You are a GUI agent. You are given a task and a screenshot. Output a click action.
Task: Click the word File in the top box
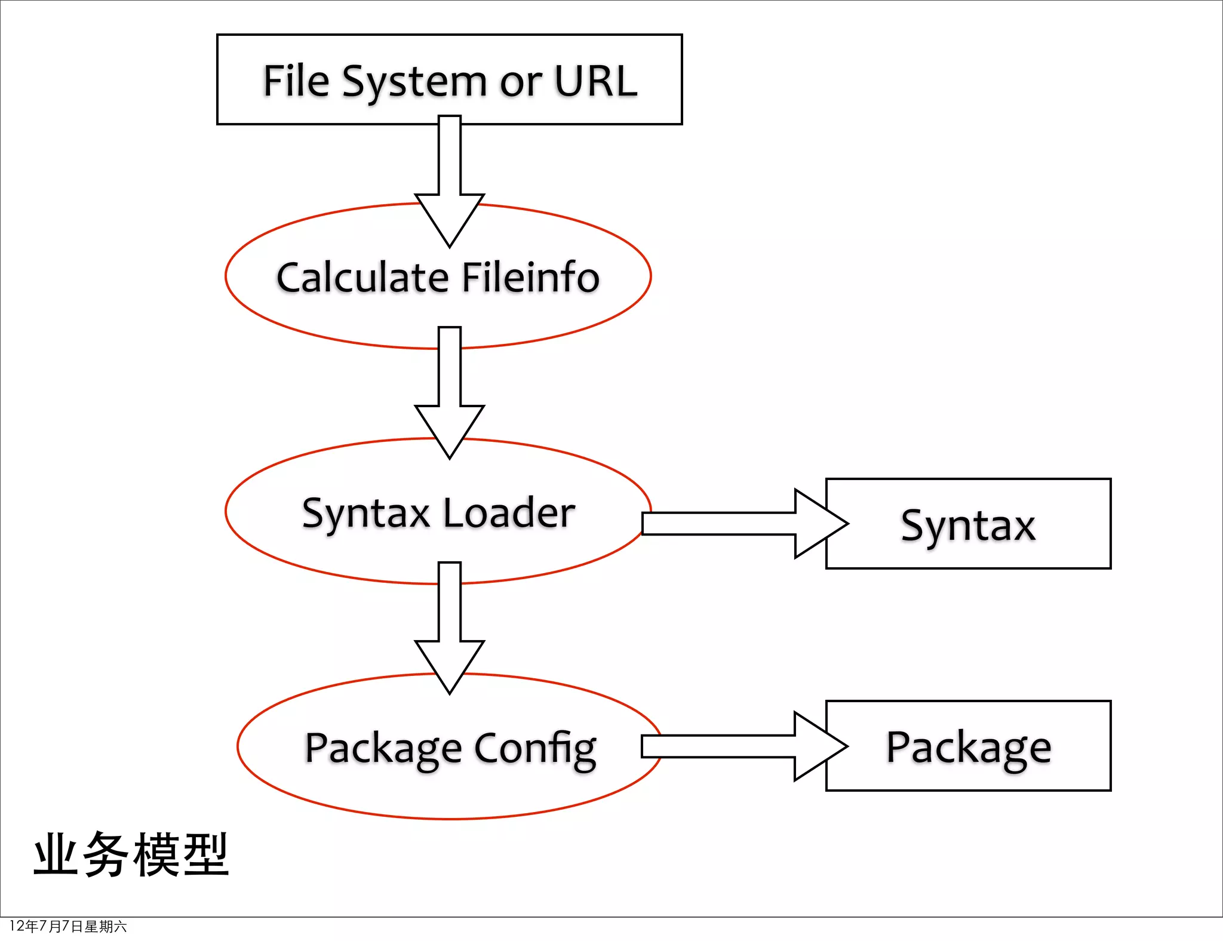(x=296, y=81)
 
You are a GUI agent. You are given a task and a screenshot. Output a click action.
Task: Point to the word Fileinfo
(x=530, y=278)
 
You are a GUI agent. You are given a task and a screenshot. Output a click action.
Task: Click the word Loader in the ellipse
(x=509, y=513)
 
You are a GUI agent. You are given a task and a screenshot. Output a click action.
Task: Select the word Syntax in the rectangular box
(x=968, y=526)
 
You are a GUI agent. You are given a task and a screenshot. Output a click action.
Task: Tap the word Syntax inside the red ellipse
(x=365, y=514)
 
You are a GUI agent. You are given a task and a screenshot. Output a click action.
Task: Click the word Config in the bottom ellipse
(x=535, y=748)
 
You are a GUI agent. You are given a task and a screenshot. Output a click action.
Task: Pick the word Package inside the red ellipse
(x=383, y=748)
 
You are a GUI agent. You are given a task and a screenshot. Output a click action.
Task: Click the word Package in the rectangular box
(x=968, y=748)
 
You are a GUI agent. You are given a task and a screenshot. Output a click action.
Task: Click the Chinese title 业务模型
(x=131, y=855)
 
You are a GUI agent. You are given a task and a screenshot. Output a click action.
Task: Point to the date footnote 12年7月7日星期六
(x=68, y=926)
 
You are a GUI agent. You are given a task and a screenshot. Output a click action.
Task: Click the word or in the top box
(x=521, y=82)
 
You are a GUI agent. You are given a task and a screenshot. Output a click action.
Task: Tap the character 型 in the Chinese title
(x=205, y=855)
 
